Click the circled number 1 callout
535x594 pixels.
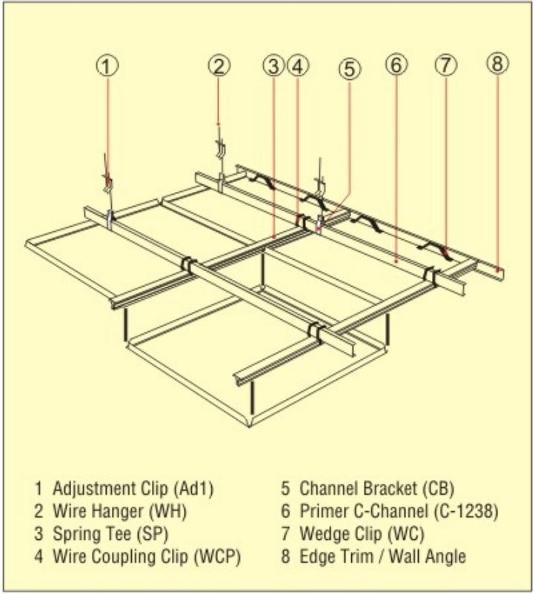[108, 66]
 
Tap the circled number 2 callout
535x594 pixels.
[218, 65]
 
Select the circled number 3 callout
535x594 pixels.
[273, 66]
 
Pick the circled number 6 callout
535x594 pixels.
[396, 65]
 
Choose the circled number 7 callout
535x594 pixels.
[444, 65]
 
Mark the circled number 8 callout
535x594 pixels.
[497, 64]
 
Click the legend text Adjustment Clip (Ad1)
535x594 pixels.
[127, 489]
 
